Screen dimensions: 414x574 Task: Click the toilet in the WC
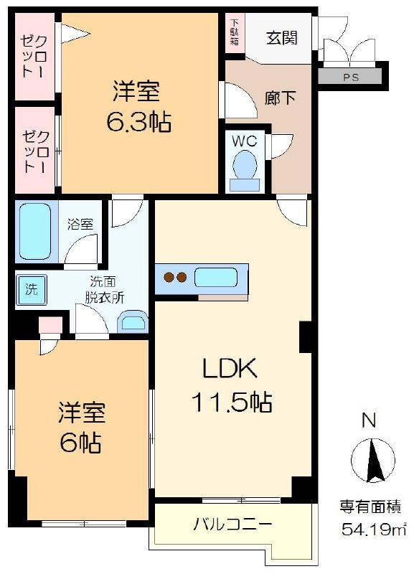point(244,171)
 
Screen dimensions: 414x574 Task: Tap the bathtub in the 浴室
point(35,231)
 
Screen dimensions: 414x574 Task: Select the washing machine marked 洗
point(31,290)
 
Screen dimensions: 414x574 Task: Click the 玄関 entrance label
point(281,38)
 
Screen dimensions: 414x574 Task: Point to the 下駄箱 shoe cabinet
point(235,32)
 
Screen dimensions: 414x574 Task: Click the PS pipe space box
point(349,77)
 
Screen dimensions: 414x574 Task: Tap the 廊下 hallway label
point(280,98)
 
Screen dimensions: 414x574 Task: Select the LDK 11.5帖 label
point(231,385)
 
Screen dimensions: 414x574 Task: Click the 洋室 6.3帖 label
point(138,106)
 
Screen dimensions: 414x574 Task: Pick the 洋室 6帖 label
point(81,427)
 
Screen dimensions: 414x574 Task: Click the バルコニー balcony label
point(232,524)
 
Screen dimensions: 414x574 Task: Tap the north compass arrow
point(373,461)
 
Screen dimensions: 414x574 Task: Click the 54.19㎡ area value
point(373,530)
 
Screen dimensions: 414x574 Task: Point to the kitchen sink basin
point(216,278)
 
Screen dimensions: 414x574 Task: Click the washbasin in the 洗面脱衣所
point(132,322)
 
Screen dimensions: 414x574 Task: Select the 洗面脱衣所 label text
point(104,289)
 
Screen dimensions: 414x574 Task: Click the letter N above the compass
point(369,420)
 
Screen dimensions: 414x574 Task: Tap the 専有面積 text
point(370,508)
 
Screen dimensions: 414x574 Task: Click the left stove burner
point(169,278)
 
